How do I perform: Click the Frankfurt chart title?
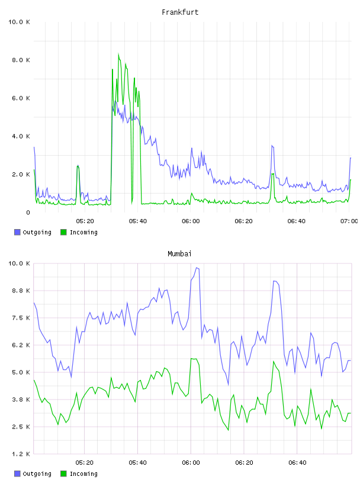coord(180,12)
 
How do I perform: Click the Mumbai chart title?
coord(179,254)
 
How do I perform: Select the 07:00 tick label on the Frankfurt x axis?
coord(349,221)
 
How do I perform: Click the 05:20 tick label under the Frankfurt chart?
coord(85,221)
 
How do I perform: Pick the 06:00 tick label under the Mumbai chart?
coord(191,463)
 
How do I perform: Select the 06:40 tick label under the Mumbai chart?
coord(297,463)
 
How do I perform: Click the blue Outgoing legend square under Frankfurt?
coord(17,232)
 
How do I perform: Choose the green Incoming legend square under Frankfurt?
coord(63,232)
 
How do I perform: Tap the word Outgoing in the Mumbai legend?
coord(37,474)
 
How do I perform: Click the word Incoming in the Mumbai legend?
coord(83,474)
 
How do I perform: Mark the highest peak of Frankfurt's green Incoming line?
coord(118,54)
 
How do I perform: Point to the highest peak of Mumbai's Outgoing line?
coord(197,268)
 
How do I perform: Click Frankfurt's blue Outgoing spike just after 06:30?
coord(272,146)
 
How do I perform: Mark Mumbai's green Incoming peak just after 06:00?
coord(191,359)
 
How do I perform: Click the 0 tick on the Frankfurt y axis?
coord(28,212)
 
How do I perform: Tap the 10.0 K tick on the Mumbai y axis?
coord(19,263)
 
